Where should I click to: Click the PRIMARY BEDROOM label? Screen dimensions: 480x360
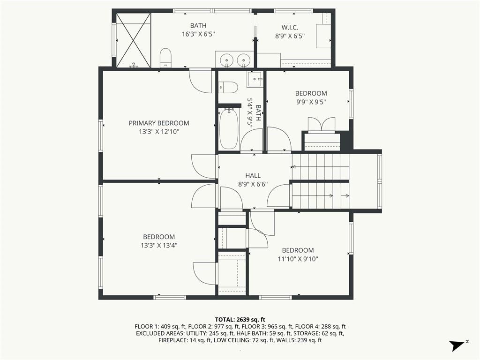tap(159, 123)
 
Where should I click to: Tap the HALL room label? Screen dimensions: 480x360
tap(253, 176)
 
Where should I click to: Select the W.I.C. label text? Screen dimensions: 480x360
tap(290, 28)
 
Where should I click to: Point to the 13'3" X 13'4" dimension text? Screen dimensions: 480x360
tap(159, 245)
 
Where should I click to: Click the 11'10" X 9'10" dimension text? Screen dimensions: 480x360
tap(298, 259)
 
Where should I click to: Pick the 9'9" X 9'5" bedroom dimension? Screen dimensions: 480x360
tap(311, 102)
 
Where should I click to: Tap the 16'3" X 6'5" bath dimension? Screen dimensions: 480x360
tap(198, 34)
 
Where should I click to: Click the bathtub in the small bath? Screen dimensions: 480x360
tap(229, 128)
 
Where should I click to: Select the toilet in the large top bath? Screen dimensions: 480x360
tap(165, 58)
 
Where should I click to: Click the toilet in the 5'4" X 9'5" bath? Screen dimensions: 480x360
tap(228, 87)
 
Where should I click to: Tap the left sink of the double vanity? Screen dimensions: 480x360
tap(227, 59)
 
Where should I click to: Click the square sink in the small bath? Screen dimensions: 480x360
tap(255, 79)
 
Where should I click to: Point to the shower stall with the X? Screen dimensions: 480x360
tap(134, 40)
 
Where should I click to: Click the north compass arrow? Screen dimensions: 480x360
tap(457, 345)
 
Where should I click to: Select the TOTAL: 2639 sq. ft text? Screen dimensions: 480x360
tap(240, 320)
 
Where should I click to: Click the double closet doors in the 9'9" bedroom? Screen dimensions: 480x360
tap(321, 125)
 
